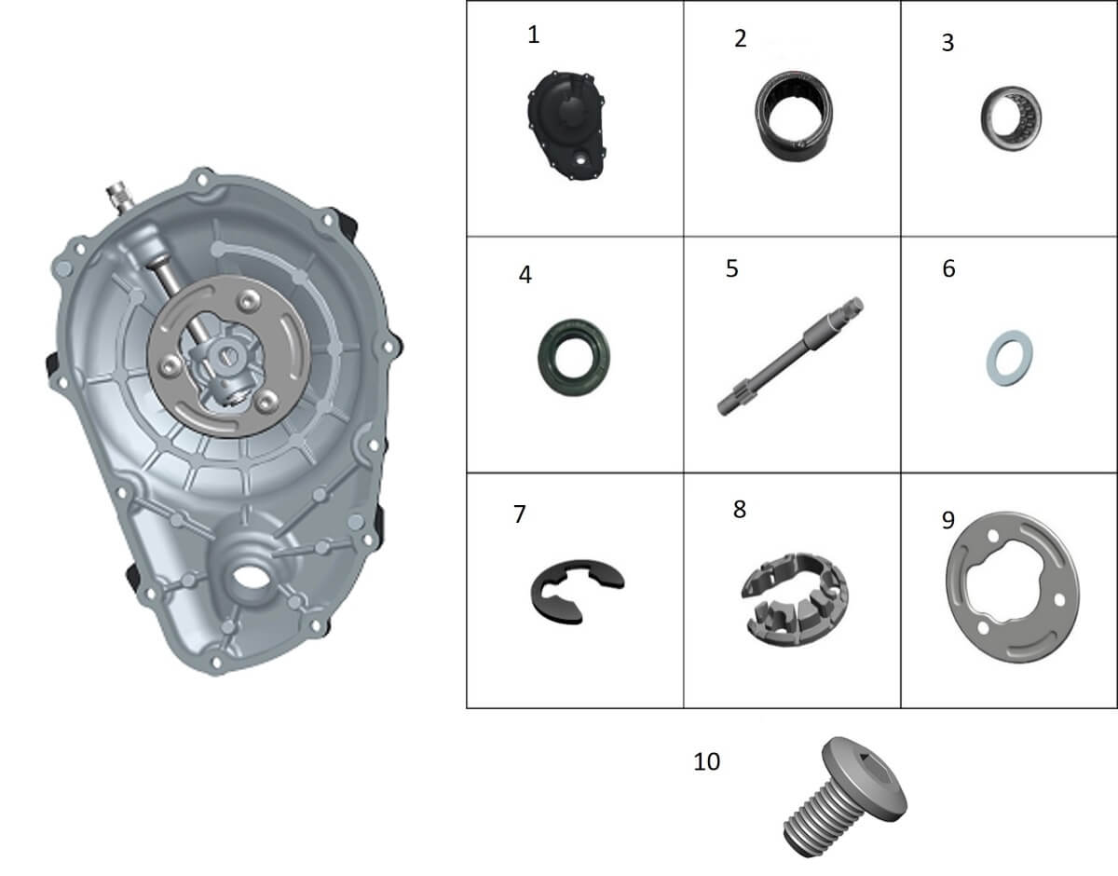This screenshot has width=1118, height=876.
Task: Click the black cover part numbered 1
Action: tap(566, 126)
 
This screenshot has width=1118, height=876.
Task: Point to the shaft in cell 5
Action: tap(790, 357)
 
